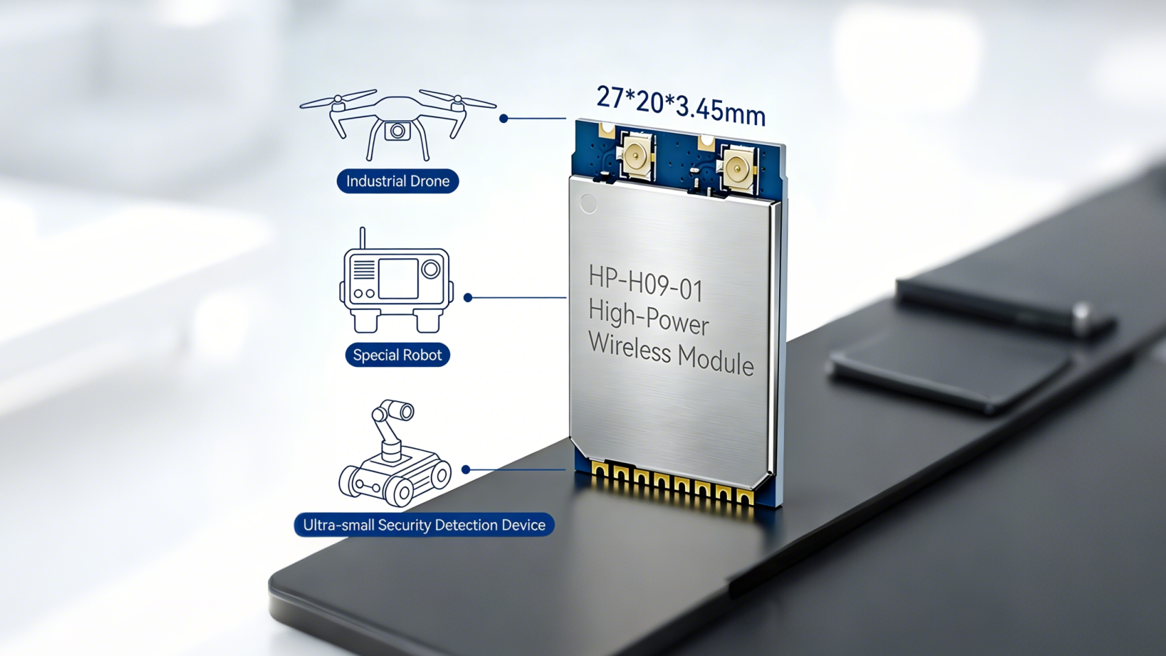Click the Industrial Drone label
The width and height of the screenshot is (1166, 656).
coord(397,181)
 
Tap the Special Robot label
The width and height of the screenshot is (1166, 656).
coord(397,355)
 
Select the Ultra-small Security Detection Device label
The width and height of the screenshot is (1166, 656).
coord(424,525)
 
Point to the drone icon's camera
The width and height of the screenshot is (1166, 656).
coord(397,131)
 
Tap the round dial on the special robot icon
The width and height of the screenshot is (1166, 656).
coord(431,269)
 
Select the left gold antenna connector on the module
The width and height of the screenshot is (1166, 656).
coord(636,157)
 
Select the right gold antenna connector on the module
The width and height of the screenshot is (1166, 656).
coord(737,168)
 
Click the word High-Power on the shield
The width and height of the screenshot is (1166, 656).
coord(648,318)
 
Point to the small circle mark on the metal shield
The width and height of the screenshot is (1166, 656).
coord(588,203)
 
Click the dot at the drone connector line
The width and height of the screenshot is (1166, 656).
coord(504,118)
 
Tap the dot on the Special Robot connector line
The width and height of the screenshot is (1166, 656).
coord(468,297)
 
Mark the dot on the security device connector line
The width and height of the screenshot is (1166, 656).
coord(466,470)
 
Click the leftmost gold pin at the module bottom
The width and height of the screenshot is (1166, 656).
coord(600,471)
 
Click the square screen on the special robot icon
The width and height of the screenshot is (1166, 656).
coord(398,278)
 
